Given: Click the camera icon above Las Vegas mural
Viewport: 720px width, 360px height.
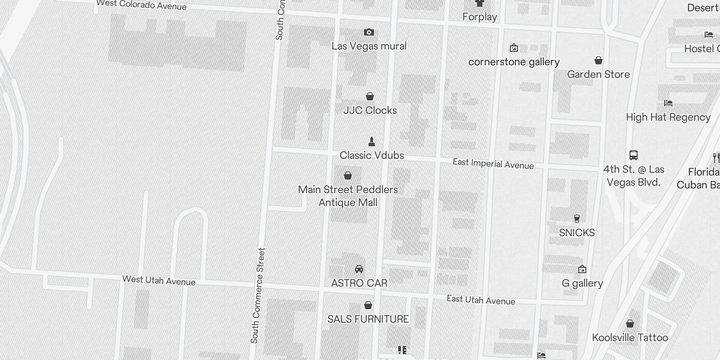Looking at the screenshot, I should point(369,32).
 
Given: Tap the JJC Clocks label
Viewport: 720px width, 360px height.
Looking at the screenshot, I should point(370,110).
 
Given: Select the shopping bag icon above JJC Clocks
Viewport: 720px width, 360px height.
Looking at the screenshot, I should point(370,96).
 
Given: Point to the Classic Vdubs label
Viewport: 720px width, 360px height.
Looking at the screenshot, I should point(372,155).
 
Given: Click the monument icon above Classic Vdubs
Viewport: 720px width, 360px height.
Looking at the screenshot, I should point(372,142).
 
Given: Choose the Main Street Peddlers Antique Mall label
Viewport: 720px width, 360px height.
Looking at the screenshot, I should point(348,196).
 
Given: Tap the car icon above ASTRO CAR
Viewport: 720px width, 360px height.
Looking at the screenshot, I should point(359,269).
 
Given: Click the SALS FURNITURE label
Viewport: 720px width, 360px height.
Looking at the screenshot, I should point(368,319).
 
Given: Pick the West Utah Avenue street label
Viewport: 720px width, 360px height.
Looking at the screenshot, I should point(159,280).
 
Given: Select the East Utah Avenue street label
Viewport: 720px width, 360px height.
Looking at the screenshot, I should point(481,300).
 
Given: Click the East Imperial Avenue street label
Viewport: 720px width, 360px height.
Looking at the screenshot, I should point(493,164).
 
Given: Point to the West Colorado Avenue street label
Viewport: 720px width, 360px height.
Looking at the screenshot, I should point(141,5).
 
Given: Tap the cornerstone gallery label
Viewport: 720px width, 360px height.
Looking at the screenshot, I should point(514,62).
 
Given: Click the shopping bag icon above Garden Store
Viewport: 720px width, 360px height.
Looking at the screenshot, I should point(598,60).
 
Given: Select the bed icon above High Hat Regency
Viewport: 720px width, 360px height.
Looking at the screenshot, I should point(668,103).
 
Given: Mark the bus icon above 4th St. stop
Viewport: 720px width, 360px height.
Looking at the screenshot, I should point(634,155).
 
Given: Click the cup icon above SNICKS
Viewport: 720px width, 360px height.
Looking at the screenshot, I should point(577,219).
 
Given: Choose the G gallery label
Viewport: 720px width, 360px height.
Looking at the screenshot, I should point(582,283).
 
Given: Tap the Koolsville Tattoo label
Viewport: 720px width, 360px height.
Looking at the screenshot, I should point(630,337).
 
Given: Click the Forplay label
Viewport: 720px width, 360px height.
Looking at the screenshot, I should point(480,17).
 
